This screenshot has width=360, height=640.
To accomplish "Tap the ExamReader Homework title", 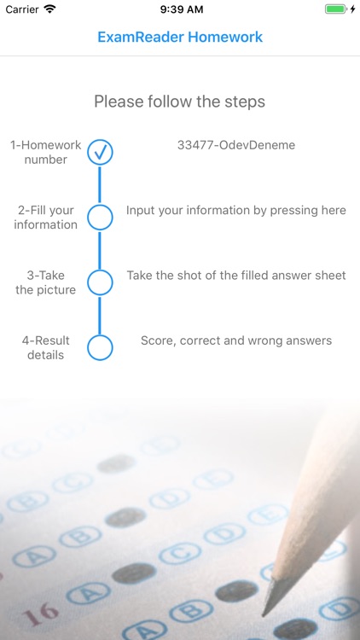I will [180, 38].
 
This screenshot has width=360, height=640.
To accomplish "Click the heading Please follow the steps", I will [180, 102].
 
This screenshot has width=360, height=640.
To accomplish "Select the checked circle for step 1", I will [100, 153].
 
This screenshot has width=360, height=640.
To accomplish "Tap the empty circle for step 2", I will [100, 218].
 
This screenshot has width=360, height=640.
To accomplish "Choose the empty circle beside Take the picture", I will [100, 282].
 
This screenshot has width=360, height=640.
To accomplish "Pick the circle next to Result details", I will [100, 347].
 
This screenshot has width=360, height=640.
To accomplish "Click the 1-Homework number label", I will [45, 152].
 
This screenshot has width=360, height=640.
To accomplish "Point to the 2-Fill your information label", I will [45, 218].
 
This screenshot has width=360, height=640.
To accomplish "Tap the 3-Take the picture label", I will [45, 282].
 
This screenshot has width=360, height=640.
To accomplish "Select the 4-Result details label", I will [45, 347].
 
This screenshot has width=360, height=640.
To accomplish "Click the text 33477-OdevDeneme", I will [236, 145].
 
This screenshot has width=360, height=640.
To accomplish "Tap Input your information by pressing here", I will [236, 210].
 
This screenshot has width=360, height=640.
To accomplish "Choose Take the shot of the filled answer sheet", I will [236, 276].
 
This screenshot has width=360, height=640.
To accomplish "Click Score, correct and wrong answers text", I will [236, 340].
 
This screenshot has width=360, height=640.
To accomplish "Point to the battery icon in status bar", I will [335, 9].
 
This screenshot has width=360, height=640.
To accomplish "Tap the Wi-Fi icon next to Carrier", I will [49, 9].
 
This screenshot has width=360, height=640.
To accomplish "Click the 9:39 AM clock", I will [180, 9].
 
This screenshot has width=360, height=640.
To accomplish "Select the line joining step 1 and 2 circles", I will [100, 185].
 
